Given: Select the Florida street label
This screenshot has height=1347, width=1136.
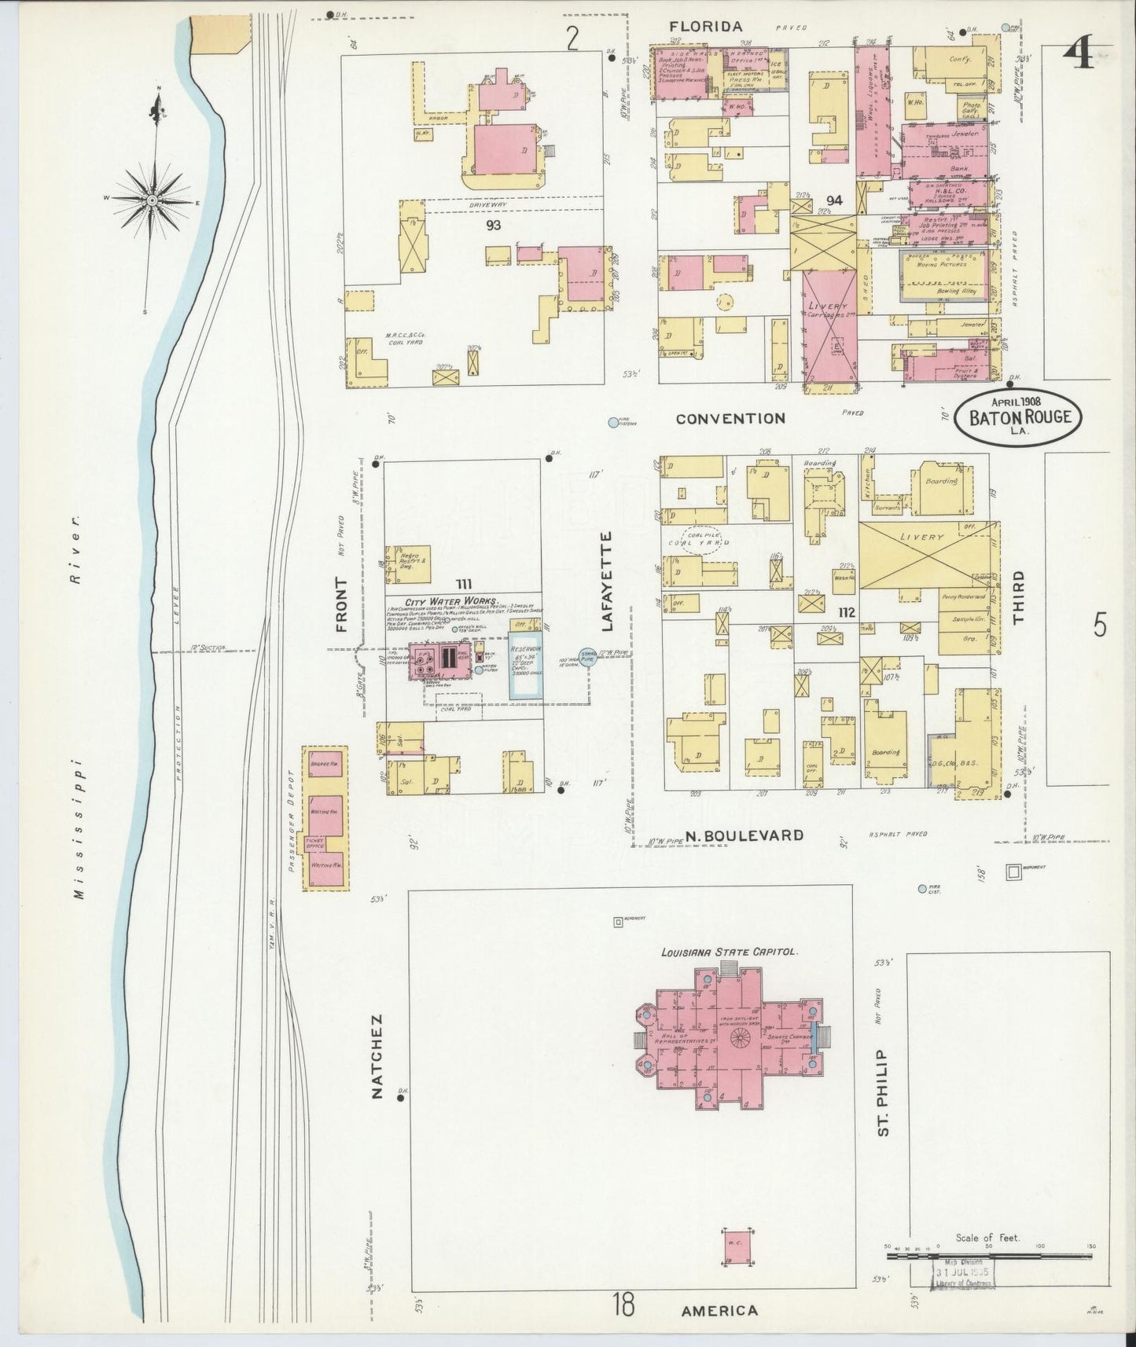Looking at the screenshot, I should point(706,28).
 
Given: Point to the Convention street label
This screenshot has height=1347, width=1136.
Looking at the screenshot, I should point(731,419).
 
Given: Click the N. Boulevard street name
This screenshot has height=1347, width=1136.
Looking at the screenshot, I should point(744,835).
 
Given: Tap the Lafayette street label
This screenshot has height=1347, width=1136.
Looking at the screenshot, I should point(606,582).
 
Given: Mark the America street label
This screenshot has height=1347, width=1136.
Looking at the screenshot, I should point(719,1310).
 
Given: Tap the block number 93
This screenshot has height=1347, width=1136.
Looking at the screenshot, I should point(494,226).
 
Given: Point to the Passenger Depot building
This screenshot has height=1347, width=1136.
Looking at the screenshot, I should point(326,818).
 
